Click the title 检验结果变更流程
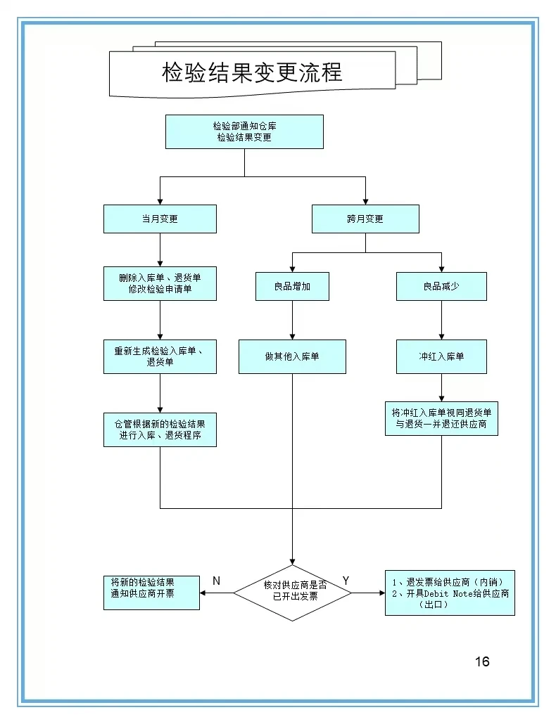252,72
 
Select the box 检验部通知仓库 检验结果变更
244,131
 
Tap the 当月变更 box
160,219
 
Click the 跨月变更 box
365,219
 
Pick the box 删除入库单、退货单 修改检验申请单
160,283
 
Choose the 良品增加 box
292,286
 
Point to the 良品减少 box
441,286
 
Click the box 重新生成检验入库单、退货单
160,356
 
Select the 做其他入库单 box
292,356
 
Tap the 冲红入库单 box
441,356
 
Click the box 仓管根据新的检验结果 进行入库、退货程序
160,429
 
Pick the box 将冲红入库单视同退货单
441,418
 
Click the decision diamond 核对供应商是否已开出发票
292,593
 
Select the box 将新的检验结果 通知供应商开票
151,590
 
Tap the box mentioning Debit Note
450,593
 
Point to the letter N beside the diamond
216,581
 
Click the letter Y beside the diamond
346,581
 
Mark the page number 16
482,661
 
